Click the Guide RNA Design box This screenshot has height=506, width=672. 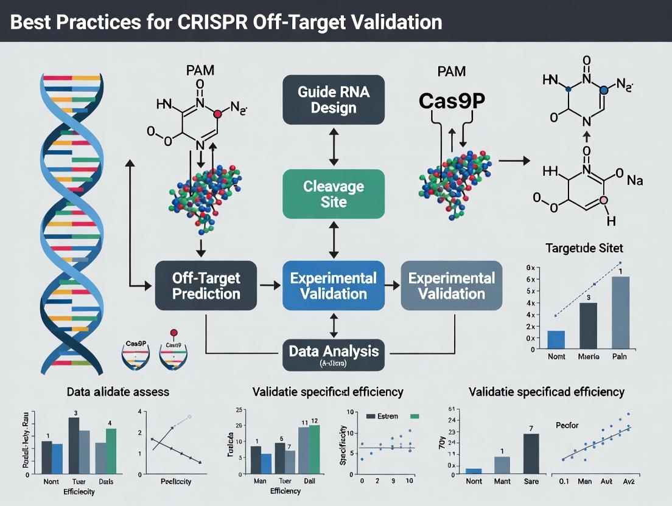[x=333, y=99]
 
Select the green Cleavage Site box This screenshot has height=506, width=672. [x=333, y=193]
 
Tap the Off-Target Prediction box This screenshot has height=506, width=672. [x=206, y=285]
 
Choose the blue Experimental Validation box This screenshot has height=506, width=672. [x=333, y=285]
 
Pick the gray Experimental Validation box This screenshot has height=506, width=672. [x=451, y=285]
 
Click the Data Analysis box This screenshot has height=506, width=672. [x=333, y=353]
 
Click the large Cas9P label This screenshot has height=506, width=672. [x=451, y=102]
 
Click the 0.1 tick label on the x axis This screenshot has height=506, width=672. [x=563, y=481]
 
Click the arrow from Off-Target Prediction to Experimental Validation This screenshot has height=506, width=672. [x=270, y=285]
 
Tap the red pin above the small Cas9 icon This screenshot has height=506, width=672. [x=173, y=333]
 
